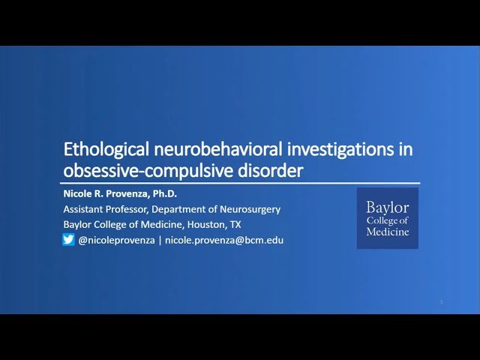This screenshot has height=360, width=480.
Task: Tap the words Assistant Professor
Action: pyautogui.click(x=99, y=208)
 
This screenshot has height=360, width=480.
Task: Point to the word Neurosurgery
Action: pyautogui.click(x=248, y=208)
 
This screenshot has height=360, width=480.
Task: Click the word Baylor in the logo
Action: pyautogui.click(x=387, y=208)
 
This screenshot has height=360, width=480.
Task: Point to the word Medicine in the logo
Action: pyautogui.click(x=387, y=232)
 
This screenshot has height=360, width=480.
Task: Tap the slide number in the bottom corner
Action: pyautogui.click(x=442, y=302)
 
